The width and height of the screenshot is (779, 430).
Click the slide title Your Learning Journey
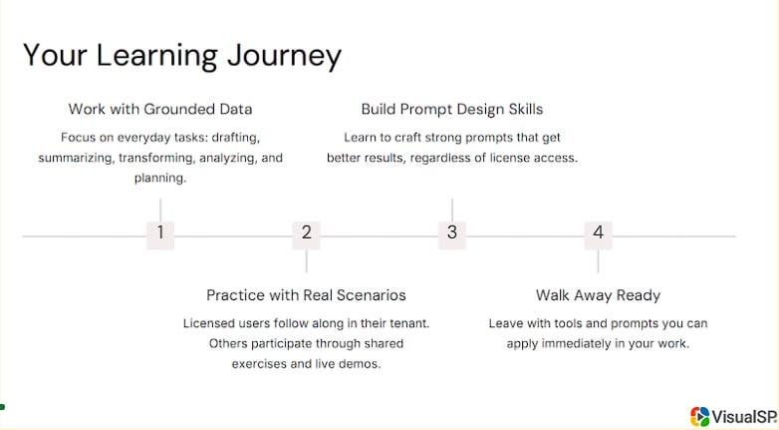pos(181,56)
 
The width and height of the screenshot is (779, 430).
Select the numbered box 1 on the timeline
pos(160,233)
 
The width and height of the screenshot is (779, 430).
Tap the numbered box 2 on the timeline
pos(306,233)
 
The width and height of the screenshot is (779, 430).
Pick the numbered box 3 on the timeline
pos(452,233)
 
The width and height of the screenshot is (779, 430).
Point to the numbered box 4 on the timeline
pos(598,233)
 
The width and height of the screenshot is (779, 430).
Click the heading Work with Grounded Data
pos(160,109)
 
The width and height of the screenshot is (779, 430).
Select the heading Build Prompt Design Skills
pos(451,109)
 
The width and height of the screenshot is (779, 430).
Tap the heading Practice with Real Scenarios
pos(306,295)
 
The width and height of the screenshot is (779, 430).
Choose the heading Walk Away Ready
pos(598,295)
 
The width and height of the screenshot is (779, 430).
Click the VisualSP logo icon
pos(700,416)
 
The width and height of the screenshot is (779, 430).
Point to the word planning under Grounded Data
pos(159,179)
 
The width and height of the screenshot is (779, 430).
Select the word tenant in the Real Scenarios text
pos(408,323)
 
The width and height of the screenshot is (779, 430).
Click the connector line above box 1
pos(160,209)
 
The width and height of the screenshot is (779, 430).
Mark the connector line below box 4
pos(598,260)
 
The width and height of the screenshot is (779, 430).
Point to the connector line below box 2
pos(306,260)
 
